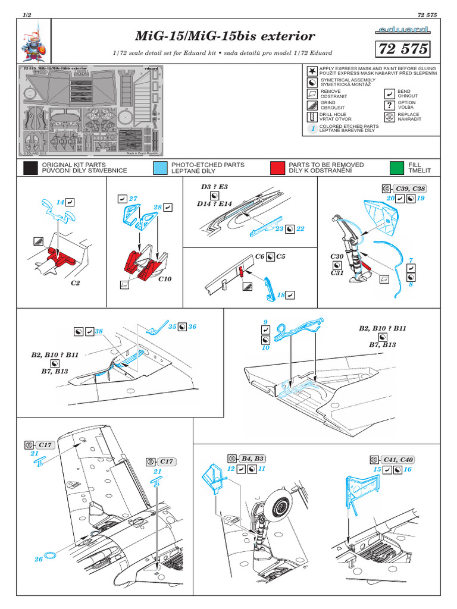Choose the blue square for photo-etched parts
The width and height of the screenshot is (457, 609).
point(159,168)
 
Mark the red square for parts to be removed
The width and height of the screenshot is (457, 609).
point(277,168)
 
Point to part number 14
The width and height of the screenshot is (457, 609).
point(60,202)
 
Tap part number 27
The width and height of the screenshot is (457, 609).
point(133,199)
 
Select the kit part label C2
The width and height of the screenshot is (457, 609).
point(75,283)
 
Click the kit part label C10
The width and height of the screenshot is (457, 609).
point(165,278)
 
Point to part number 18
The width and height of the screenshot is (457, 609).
point(281,294)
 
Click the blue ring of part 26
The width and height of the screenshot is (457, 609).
point(52,556)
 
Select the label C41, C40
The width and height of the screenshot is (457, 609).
point(398,460)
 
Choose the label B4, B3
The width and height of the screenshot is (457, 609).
point(253,459)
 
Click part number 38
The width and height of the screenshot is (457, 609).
point(98,331)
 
